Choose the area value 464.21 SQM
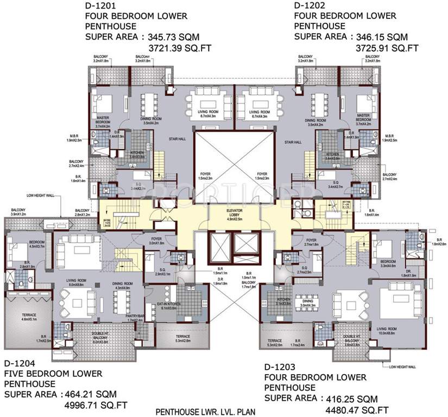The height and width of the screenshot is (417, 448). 93,394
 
